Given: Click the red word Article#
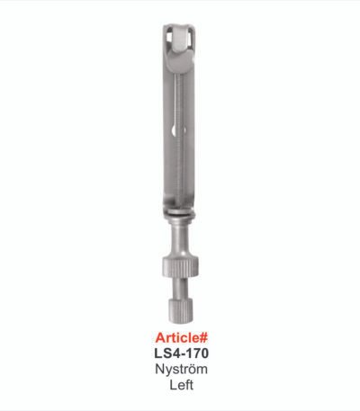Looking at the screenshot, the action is (x=182, y=338).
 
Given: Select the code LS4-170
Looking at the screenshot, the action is (x=182, y=353).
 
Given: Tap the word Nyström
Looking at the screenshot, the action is (x=181, y=370).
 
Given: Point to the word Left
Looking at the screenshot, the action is (x=182, y=385).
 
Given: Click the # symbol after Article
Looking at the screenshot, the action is (x=203, y=338).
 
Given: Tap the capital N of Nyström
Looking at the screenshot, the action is (x=159, y=369).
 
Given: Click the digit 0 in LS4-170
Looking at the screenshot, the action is (x=204, y=353).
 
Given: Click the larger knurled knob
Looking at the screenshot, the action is (x=181, y=267).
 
